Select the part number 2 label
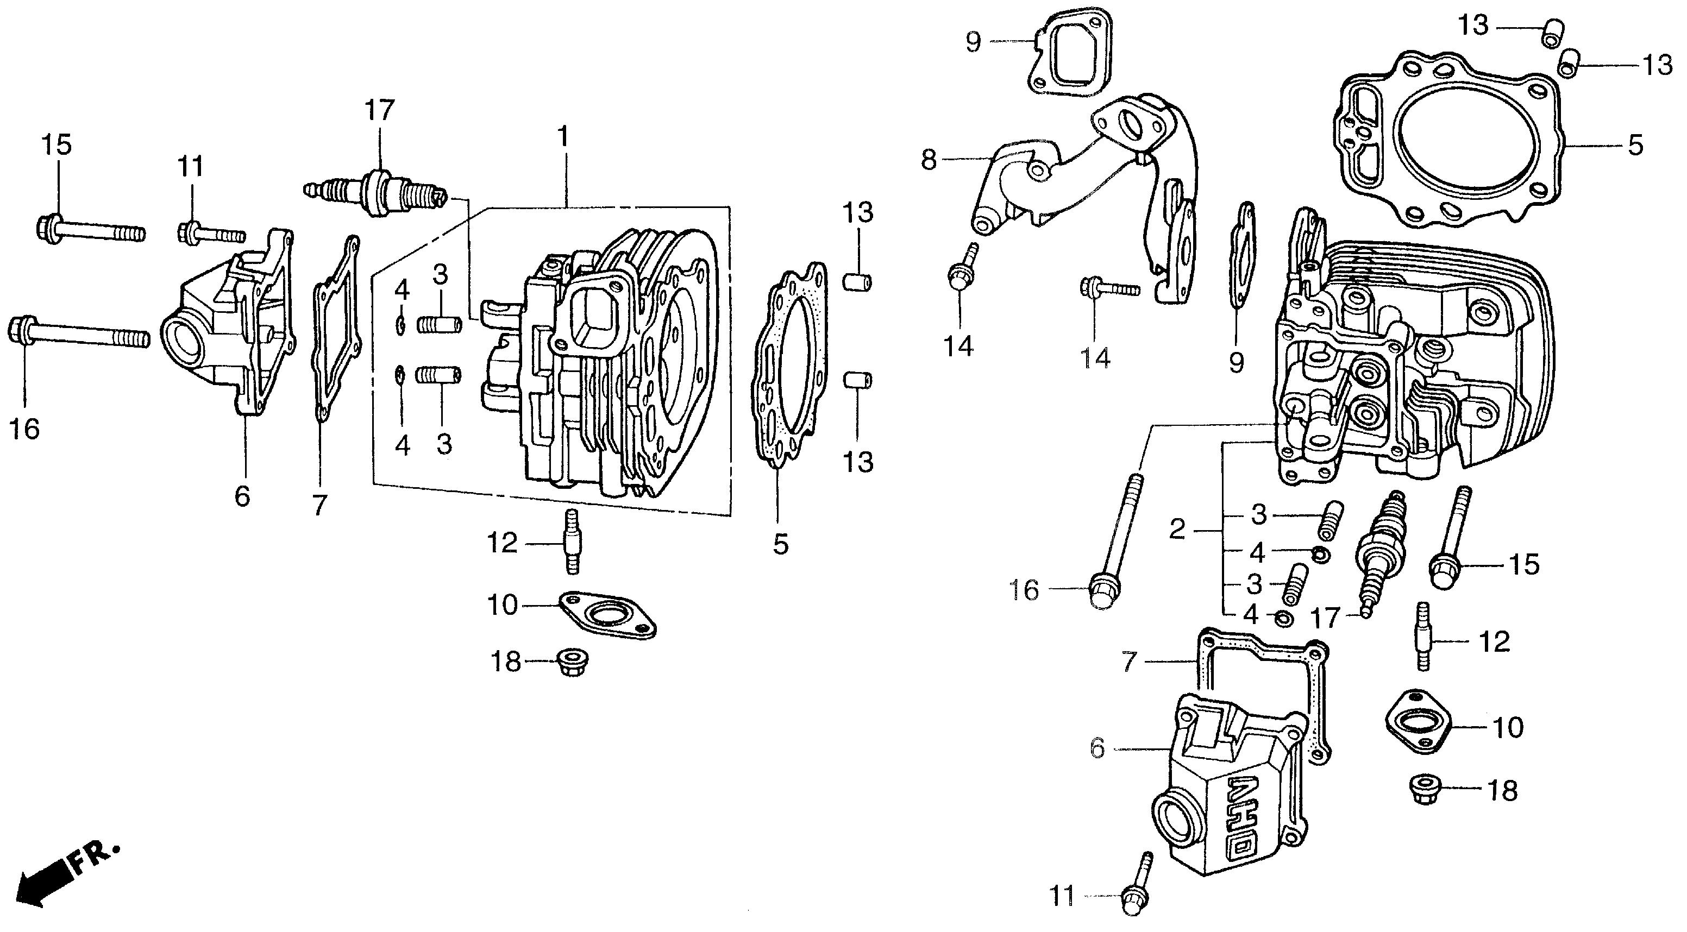click(1177, 530)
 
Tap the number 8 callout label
click(929, 160)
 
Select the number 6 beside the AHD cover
click(1098, 748)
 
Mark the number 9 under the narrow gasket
click(1236, 362)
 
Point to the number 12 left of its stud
click(503, 543)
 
